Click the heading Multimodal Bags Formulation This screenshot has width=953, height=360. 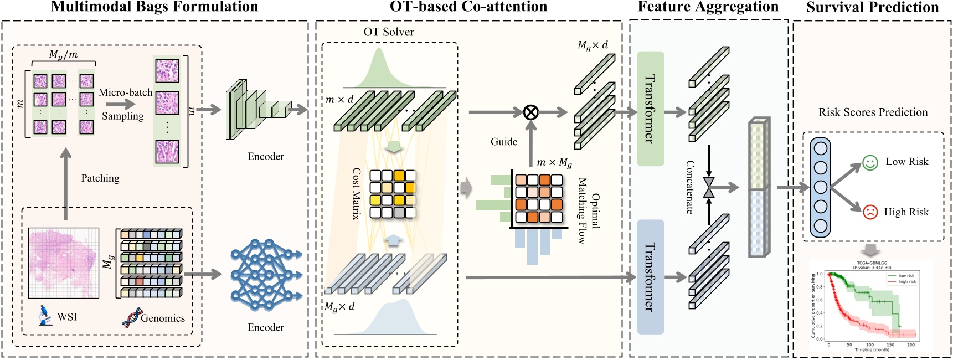154,7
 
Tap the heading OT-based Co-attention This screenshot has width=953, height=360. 468,7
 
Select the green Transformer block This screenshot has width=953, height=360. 651,109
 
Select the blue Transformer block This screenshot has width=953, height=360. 651,277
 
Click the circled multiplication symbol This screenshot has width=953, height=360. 530,112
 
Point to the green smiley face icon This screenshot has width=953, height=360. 870,163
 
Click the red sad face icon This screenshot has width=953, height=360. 870,212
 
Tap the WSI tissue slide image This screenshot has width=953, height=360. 64,263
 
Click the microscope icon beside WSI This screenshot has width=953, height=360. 44,316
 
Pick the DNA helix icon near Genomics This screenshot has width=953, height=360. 132,317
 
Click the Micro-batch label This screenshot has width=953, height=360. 125,92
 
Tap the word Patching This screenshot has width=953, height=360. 100,178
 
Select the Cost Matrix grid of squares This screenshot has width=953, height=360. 393,194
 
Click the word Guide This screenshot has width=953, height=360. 504,142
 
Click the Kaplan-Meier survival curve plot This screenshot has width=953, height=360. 870,306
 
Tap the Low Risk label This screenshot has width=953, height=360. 906,162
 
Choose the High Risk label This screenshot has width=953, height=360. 906,212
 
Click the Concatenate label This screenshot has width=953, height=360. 690,187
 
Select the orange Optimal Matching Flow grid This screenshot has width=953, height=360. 538,198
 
